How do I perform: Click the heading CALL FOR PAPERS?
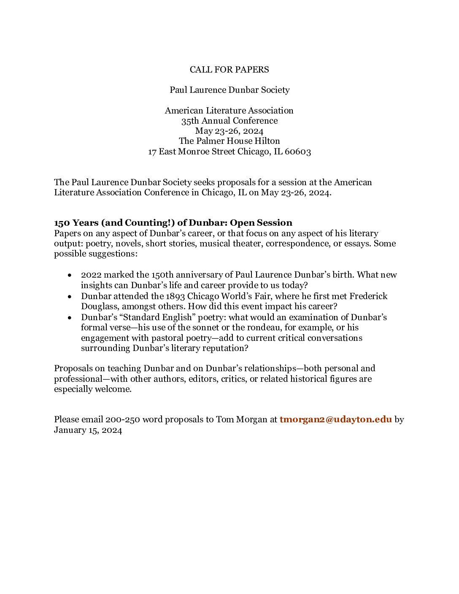[x=229, y=70]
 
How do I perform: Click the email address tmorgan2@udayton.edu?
[x=335, y=419]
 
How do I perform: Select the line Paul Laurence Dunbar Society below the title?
[x=229, y=90]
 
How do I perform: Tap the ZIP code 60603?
[x=298, y=151]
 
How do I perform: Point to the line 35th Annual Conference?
[x=229, y=121]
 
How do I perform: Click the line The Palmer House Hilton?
[x=229, y=141]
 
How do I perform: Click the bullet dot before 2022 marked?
[x=70, y=275]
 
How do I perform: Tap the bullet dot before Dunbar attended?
[x=70, y=296]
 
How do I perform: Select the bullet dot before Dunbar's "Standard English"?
[x=70, y=317]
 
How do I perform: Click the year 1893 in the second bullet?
[x=175, y=296]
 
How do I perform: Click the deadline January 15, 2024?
[x=88, y=430]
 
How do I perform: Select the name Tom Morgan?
[x=241, y=419]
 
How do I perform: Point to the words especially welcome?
[x=93, y=389]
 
